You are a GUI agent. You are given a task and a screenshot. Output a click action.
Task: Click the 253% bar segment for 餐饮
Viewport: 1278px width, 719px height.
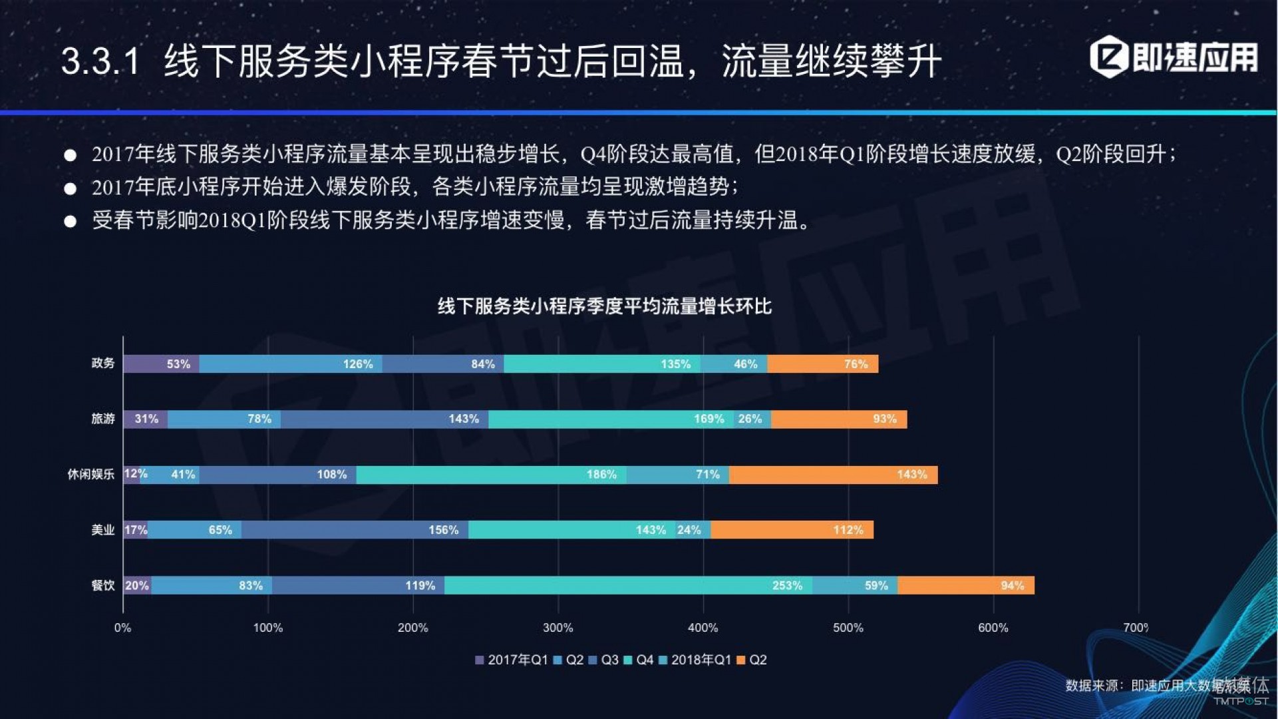[628, 585]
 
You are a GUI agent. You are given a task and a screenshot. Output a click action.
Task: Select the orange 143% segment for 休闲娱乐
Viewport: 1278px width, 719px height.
[833, 475]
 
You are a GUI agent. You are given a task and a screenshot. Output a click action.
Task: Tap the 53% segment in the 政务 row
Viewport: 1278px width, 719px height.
[161, 363]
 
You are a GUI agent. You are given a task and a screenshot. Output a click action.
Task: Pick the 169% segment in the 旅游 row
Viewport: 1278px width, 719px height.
[611, 419]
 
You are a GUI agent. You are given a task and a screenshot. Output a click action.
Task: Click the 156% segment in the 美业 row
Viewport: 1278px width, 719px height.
[355, 530]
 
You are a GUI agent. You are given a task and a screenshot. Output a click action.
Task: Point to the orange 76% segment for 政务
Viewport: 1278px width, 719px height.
[822, 363]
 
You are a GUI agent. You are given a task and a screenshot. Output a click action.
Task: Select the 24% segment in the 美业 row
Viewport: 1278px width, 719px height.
[693, 530]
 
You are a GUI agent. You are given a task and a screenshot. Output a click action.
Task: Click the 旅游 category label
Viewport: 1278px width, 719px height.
[103, 419]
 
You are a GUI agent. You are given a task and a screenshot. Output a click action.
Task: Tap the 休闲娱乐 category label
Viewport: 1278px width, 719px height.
[90, 475]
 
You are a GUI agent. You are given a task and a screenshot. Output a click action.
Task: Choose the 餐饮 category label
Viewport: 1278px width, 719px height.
[103, 585]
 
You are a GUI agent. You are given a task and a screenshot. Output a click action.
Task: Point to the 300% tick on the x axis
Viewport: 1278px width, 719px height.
[558, 628]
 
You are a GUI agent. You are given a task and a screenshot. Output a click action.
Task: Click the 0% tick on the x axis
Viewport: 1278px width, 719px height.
[122, 628]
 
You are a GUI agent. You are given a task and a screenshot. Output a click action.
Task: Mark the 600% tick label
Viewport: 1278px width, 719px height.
[993, 628]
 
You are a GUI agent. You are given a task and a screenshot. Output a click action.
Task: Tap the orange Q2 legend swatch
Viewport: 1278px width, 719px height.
[741, 660]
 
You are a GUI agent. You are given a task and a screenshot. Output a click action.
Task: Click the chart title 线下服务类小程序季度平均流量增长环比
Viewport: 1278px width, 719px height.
[604, 306]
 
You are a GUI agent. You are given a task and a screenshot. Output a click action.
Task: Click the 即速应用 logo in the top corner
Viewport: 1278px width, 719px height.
[1174, 57]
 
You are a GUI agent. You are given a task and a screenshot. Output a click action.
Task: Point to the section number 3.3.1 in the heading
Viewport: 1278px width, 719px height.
[100, 61]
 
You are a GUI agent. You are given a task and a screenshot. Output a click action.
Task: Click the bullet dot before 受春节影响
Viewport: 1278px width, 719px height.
[70, 221]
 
